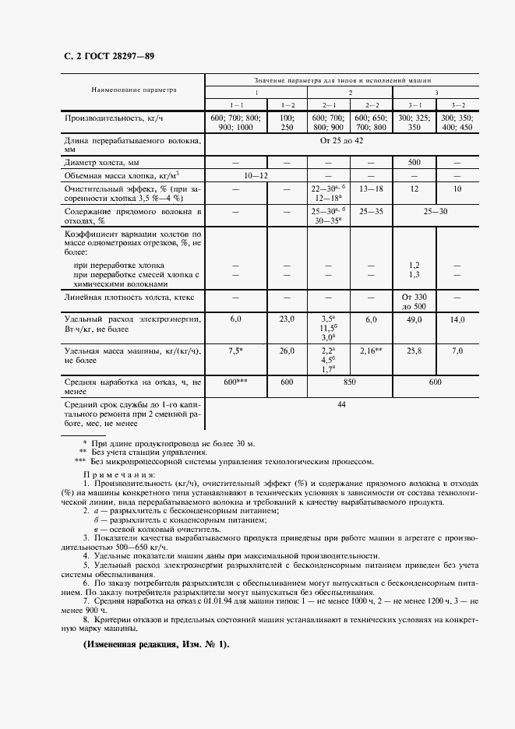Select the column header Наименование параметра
tap(135, 90)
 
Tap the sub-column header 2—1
tap(328, 104)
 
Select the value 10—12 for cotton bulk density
tap(256, 176)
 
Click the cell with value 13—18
tap(370, 188)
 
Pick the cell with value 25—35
tap(370, 211)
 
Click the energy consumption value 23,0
tap(287, 319)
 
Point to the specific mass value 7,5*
tap(236, 351)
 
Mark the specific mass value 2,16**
tap(370, 351)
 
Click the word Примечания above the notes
tap(119, 474)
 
